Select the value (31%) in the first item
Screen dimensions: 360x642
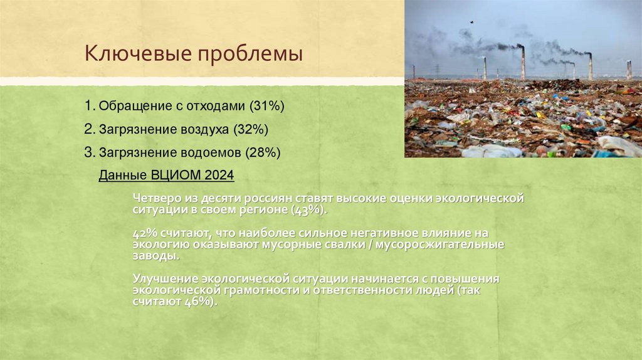[266, 107]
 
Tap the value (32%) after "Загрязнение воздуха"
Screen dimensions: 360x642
[251, 129]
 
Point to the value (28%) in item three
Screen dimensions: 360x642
[263, 152]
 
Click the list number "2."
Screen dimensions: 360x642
[89, 129]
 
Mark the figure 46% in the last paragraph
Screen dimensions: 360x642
[198, 302]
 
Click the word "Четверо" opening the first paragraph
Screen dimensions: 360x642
[154, 198]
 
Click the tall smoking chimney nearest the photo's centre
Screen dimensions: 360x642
[522, 63]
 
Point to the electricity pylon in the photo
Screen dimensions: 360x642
[436, 70]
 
